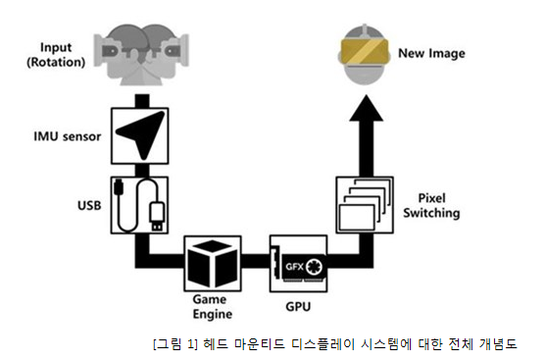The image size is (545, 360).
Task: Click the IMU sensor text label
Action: pos(67,136)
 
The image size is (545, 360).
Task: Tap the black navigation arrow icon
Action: pos(142,133)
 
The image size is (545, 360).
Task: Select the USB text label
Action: pos(89,206)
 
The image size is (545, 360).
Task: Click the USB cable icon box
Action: pos(139,205)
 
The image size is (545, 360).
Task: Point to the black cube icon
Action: pos(213,263)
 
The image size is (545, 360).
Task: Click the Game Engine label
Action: pos(213,306)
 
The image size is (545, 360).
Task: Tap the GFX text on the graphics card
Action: pos(294,267)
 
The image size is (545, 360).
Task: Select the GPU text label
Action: pos(298,307)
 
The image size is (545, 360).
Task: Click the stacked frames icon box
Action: pos(365,205)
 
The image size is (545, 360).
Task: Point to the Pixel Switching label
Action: pos(431,205)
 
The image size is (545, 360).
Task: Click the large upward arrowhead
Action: pos(366,108)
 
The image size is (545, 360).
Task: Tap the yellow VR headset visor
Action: pos(364,52)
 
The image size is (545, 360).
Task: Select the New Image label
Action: pos(431,53)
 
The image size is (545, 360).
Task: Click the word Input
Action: pos(56,47)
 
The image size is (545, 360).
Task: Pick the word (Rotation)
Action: pos(56,62)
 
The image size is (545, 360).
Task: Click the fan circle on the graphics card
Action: pos(315,267)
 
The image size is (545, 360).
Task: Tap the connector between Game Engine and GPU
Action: pos(256,261)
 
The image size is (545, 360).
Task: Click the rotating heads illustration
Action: pos(141,54)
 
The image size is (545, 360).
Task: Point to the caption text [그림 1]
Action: pos(175,344)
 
